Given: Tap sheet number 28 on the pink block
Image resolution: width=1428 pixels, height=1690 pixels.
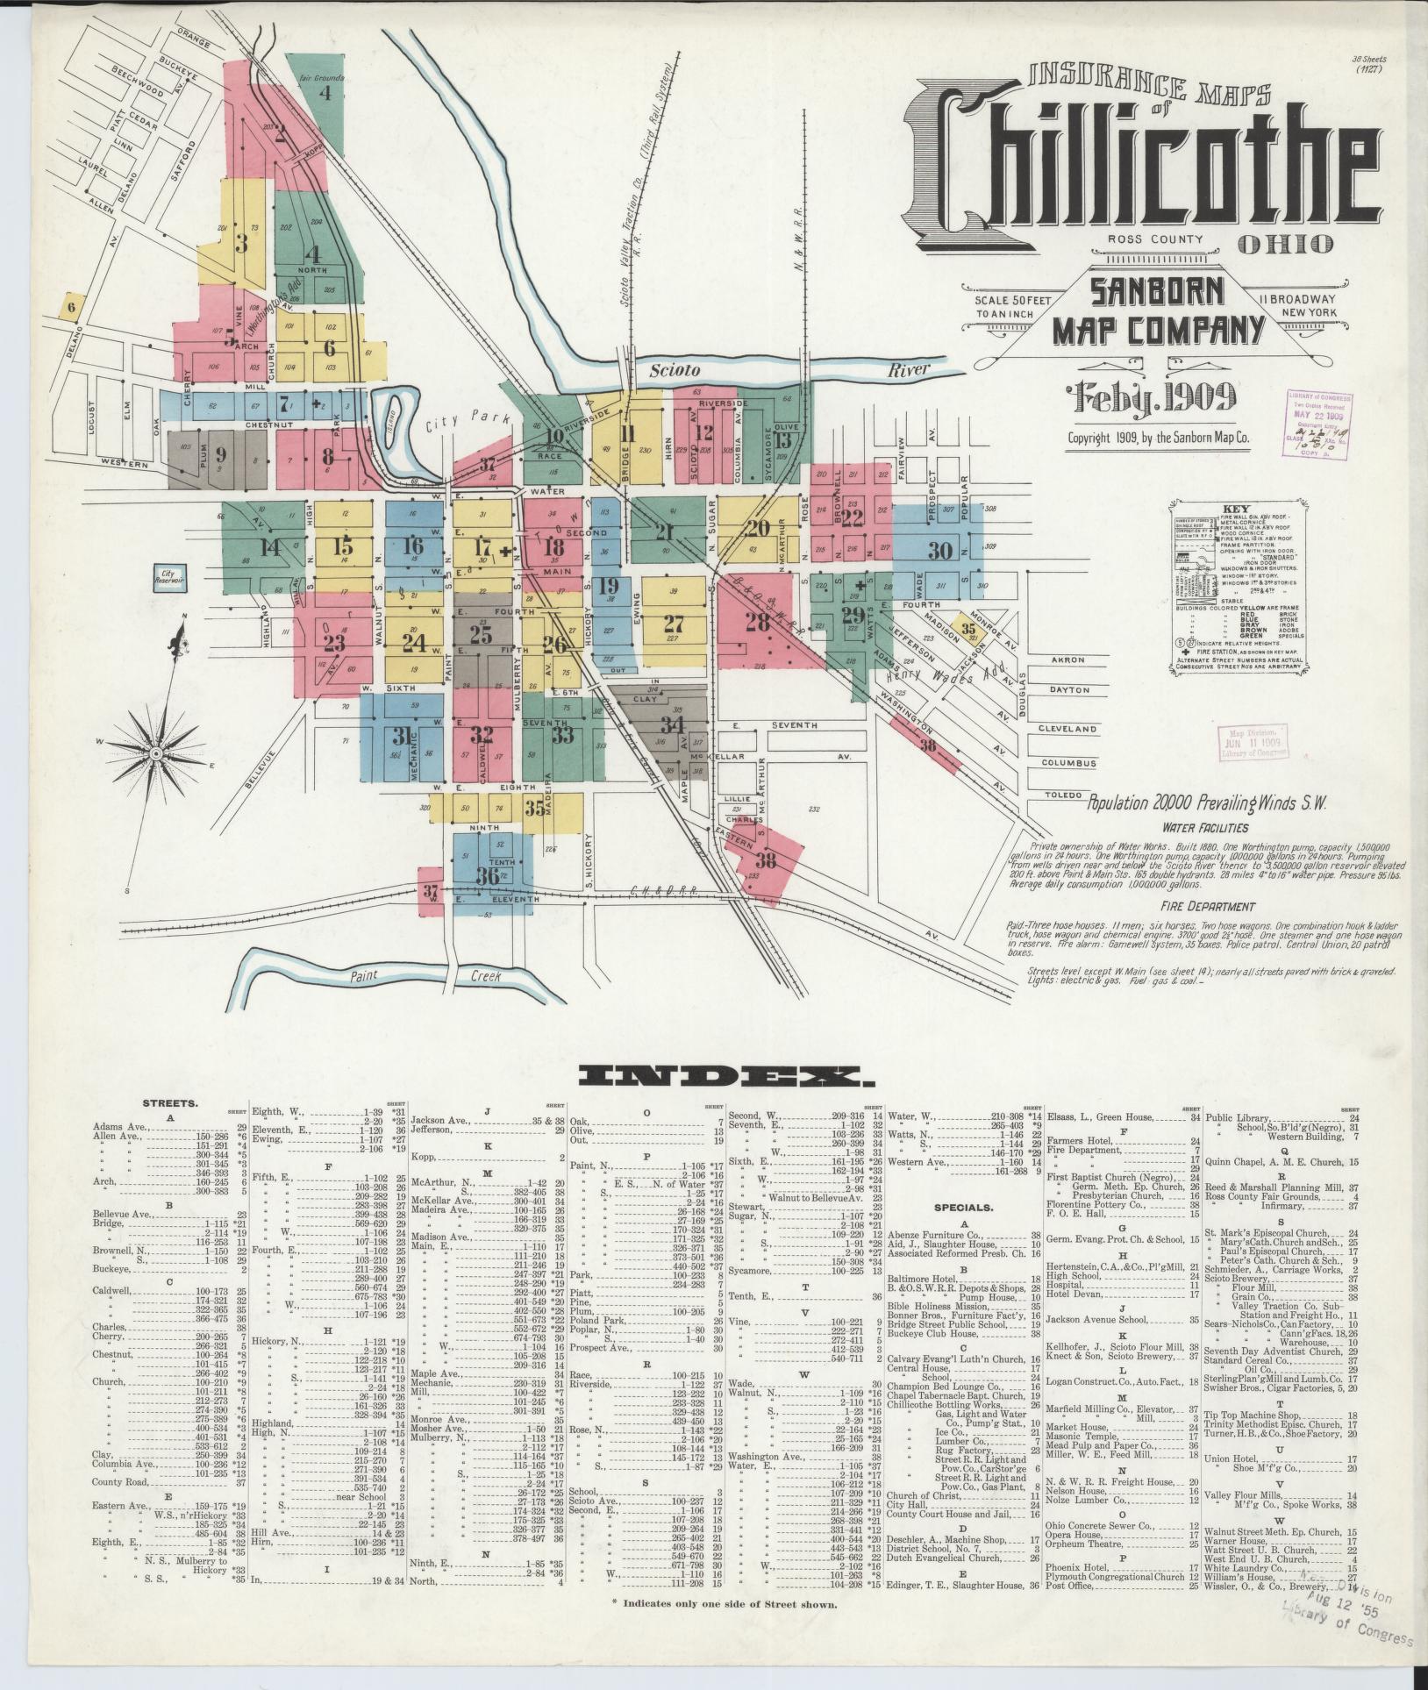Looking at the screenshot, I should click(x=756, y=622).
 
